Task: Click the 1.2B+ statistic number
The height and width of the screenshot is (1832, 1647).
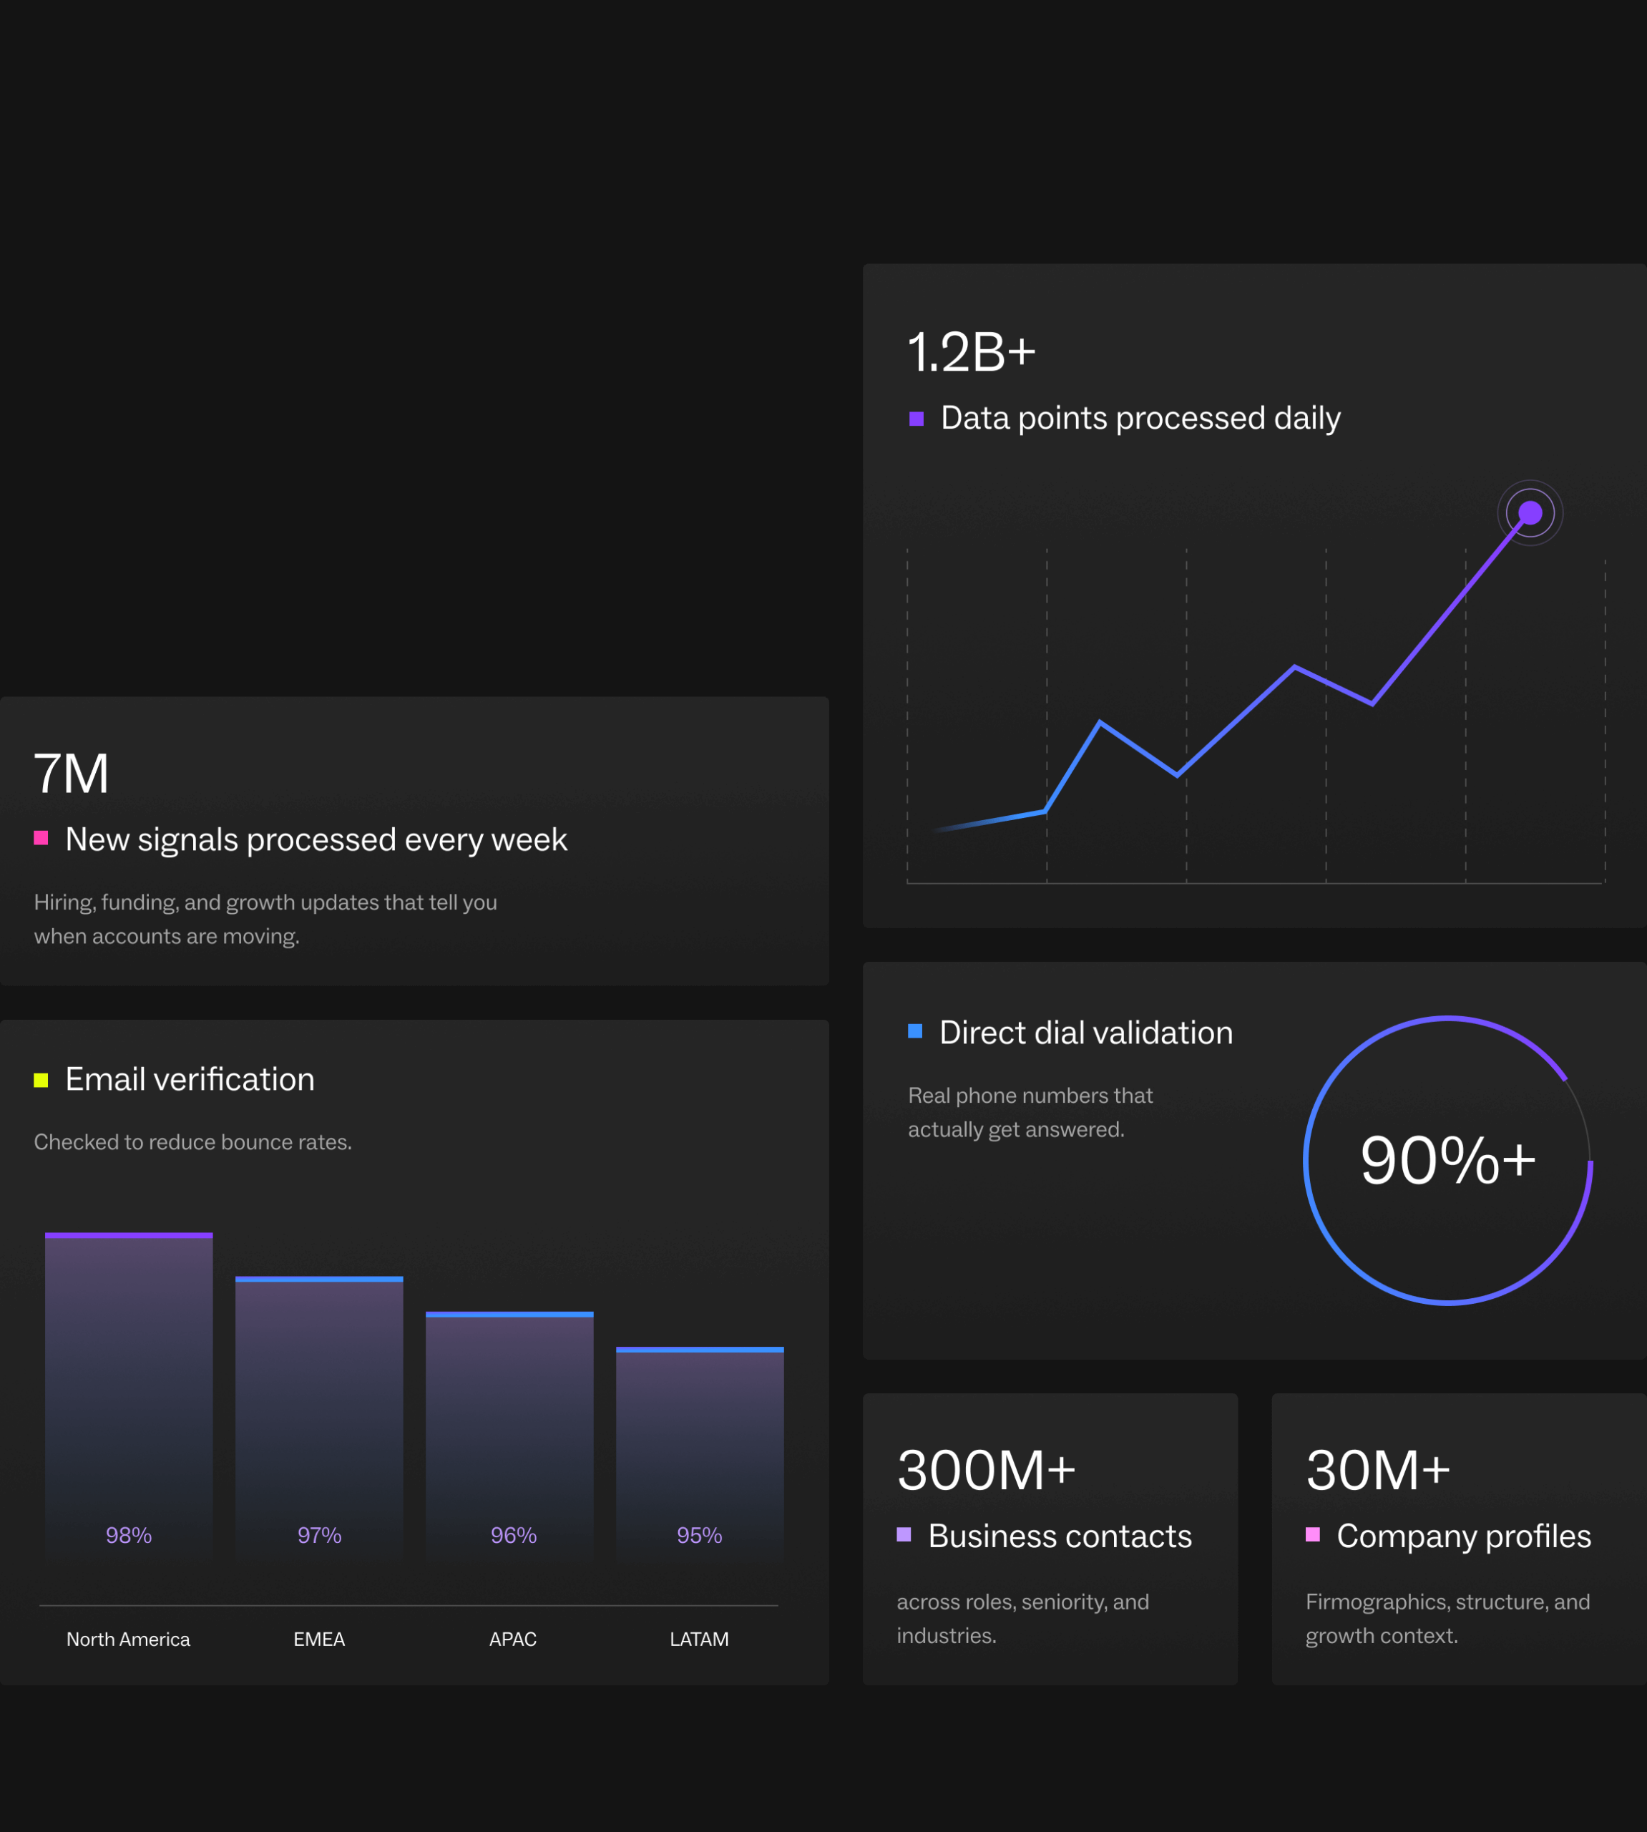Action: pos(971,352)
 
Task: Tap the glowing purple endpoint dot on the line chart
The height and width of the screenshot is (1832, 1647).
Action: pos(1530,513)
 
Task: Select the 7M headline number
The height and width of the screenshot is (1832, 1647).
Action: pos(72,774)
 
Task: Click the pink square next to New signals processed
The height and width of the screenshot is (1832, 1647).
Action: pos(41,838)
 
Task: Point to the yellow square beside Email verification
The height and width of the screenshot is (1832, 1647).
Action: pos(41,1080)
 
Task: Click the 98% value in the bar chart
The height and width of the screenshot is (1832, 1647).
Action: pos(129,1535)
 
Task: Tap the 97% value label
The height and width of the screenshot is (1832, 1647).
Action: pos(319,1535)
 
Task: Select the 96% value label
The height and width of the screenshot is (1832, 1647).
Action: pos(513,1535)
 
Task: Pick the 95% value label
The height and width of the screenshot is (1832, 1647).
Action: pos(700,1535)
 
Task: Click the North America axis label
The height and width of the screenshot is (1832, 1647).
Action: pos(129,1639)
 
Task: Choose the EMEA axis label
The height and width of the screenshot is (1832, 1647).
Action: pos(319,1639)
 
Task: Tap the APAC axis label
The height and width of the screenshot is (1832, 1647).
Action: pos(513,1639)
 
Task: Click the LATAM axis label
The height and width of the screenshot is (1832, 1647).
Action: pos(700,1639)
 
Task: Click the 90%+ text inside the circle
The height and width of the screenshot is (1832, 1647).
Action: pos(1448,1161)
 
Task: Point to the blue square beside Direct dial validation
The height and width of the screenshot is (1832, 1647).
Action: pos(915,1031)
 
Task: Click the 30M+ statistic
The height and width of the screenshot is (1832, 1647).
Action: pos(1377,1470)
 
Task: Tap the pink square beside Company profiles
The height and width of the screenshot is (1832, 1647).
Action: pos(1312,1534)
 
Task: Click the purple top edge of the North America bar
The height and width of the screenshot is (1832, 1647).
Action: pos(129,1234)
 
